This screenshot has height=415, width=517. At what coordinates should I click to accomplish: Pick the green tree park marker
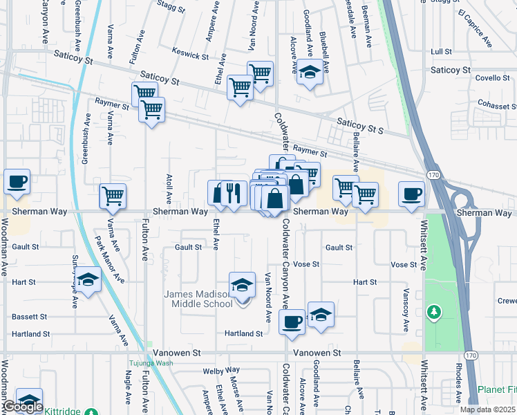(434, 313)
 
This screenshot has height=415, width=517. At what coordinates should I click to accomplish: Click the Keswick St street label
(190, 55)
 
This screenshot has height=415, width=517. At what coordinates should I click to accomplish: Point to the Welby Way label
(221, 371)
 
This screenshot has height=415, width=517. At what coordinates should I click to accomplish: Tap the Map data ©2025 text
(487, 409)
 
